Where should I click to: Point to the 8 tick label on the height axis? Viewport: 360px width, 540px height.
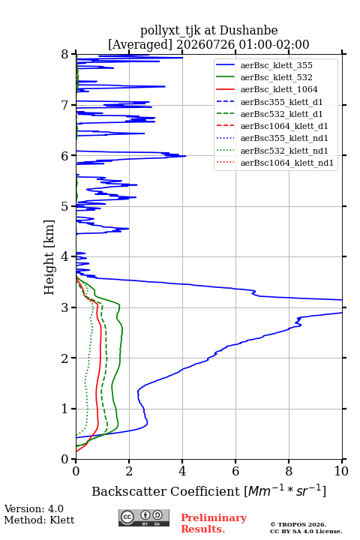coord(65,55)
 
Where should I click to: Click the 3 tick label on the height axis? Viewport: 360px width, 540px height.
coord(65,307)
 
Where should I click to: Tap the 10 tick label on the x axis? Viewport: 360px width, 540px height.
coord(341,471)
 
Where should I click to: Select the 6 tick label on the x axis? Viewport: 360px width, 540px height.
coord(235,471)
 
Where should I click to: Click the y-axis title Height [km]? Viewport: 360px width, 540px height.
coord(49,257)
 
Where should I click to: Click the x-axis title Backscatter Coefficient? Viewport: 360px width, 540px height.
coord(165,491)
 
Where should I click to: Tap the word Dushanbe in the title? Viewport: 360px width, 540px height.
coord(249,30)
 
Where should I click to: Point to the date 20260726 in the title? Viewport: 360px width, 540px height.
coord(205,44)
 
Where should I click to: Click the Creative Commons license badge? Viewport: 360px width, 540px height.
coord(144,517)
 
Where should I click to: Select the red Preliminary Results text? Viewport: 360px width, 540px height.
coord(214,523)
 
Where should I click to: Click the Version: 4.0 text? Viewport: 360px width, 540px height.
coord(34,508)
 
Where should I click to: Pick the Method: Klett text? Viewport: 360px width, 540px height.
coord(39,520)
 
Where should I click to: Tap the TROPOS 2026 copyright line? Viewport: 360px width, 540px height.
coord(298,524)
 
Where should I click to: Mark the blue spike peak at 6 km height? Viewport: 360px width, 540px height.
coord(185,156)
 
